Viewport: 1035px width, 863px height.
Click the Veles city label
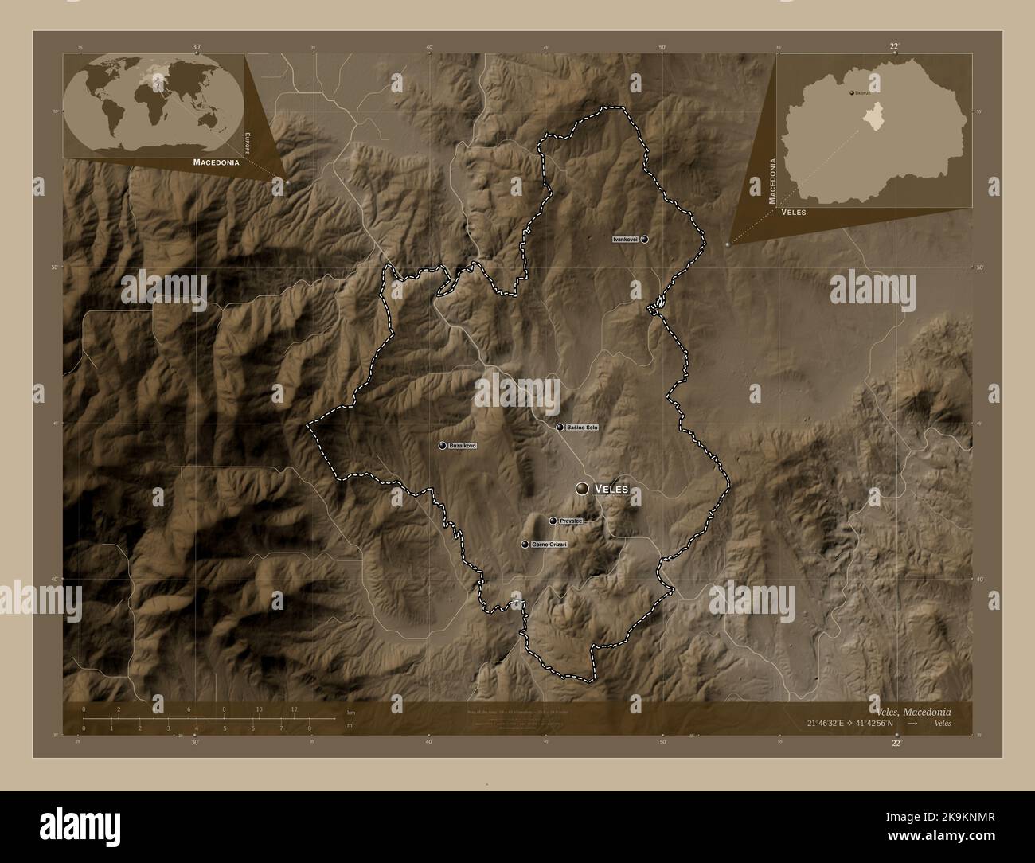tap(611, 488)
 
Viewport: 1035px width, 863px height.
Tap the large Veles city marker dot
tap(583, 488)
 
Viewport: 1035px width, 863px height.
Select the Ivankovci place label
tap(625, 239)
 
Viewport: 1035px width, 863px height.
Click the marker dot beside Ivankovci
tap(644, 239)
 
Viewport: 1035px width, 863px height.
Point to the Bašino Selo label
tap(582, 428)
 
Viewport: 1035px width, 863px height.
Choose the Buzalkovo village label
tap(463, 445)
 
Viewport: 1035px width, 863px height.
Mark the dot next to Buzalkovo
tap(442, 445)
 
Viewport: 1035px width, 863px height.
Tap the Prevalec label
tap(571, 521)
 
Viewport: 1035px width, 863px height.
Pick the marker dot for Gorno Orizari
tap(525, 544)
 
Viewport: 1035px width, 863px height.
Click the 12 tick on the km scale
tap(295, 709)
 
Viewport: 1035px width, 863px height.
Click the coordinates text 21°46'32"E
tap(829, 723)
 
